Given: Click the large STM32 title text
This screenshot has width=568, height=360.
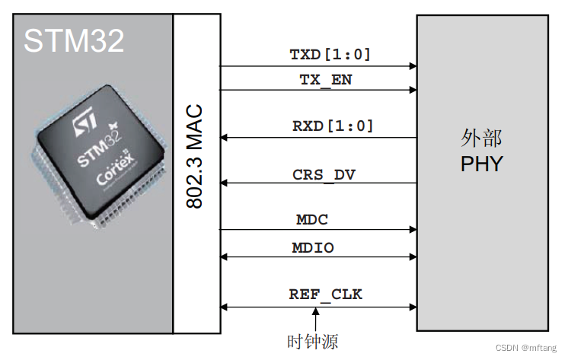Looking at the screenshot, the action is [74, 40].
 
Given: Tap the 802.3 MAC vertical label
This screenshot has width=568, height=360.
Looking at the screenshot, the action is [194, 156].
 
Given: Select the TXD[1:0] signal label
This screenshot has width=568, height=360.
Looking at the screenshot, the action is [330, 55].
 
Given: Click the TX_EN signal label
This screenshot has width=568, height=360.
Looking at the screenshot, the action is [326, 80].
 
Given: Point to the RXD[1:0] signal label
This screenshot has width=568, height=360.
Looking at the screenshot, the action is [333, 126].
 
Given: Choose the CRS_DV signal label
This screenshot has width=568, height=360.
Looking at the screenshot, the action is [324, 175].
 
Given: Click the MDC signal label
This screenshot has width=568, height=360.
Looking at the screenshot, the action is [312, 219].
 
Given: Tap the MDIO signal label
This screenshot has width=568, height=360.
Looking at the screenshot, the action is [313, 247].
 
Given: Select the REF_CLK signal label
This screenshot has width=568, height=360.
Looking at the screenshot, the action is [325, 295].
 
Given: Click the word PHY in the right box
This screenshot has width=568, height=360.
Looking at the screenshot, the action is [482, 164].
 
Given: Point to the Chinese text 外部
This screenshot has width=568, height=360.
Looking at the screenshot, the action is [481, 138].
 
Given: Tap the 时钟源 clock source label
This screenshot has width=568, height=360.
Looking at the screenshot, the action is [313, 342].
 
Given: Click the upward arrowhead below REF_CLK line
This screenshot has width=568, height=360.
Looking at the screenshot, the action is [316, 311].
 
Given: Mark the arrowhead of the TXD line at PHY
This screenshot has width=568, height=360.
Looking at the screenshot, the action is [413, 66].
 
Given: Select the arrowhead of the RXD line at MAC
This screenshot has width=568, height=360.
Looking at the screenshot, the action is [224, 138].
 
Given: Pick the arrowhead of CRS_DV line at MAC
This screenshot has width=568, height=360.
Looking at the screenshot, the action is [224, 183].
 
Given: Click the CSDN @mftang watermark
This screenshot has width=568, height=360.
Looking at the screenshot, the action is [526, 348].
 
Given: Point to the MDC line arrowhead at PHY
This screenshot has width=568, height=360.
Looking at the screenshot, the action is [413, 229].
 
